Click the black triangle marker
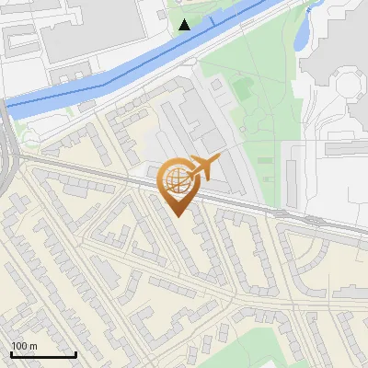[x=185, y=24]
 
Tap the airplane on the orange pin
[x=202, y=167]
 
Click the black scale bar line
[x=43, y=354]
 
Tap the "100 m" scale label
[x=24, y=346]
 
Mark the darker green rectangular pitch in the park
[x=242, y=87]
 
